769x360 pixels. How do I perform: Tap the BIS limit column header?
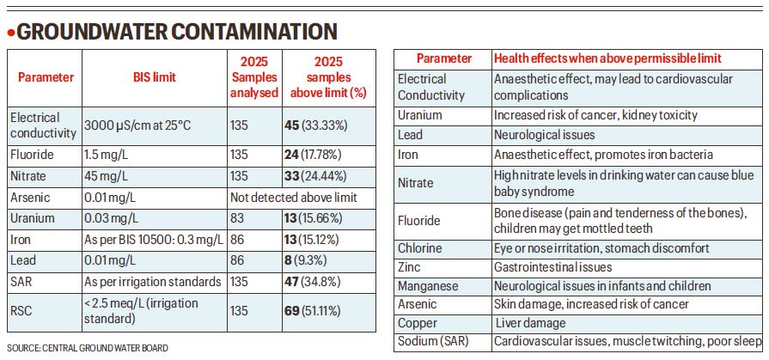(x=155, y=76)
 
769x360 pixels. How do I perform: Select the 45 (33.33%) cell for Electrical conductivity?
(x=315, y=125)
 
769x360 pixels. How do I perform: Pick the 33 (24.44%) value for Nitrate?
(x=315, y=176)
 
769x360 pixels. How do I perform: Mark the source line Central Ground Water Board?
(x=88, y=348)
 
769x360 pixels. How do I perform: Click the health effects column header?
(x=607, y=58)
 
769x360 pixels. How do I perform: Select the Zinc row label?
(x=411, y=267)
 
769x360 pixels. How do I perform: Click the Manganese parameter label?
(x=428, y=285)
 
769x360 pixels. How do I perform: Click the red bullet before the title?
(x=11, y=34)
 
